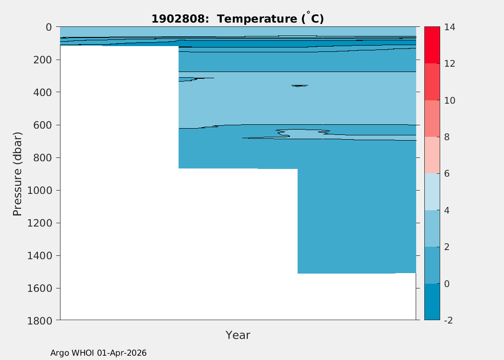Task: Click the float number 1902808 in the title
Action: coord(178,19)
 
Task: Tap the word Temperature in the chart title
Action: coord(257,19)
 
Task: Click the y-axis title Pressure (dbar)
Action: coord(17,174)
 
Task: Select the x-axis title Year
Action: coord(238,335)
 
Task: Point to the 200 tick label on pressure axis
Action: coord(42,60)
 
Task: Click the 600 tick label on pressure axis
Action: coord(42,125)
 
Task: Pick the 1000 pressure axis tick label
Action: coord(39,190)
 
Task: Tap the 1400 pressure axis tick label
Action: coord(39,255)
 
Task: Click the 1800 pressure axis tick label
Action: coord(39,321)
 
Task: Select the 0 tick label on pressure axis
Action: coord(48,27)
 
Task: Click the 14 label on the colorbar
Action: coord(450,27)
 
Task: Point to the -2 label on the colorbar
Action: coord(448,320)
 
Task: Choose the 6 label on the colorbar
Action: coord(447,174)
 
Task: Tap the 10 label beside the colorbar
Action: coord(450,100)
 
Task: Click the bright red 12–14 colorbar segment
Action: coord(432,45)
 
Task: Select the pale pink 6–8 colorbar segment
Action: coord(432,155)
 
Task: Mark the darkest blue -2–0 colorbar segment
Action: coord(432,302)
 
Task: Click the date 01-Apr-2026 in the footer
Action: coord(122,353)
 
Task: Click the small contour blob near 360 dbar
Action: coord(300,86)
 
